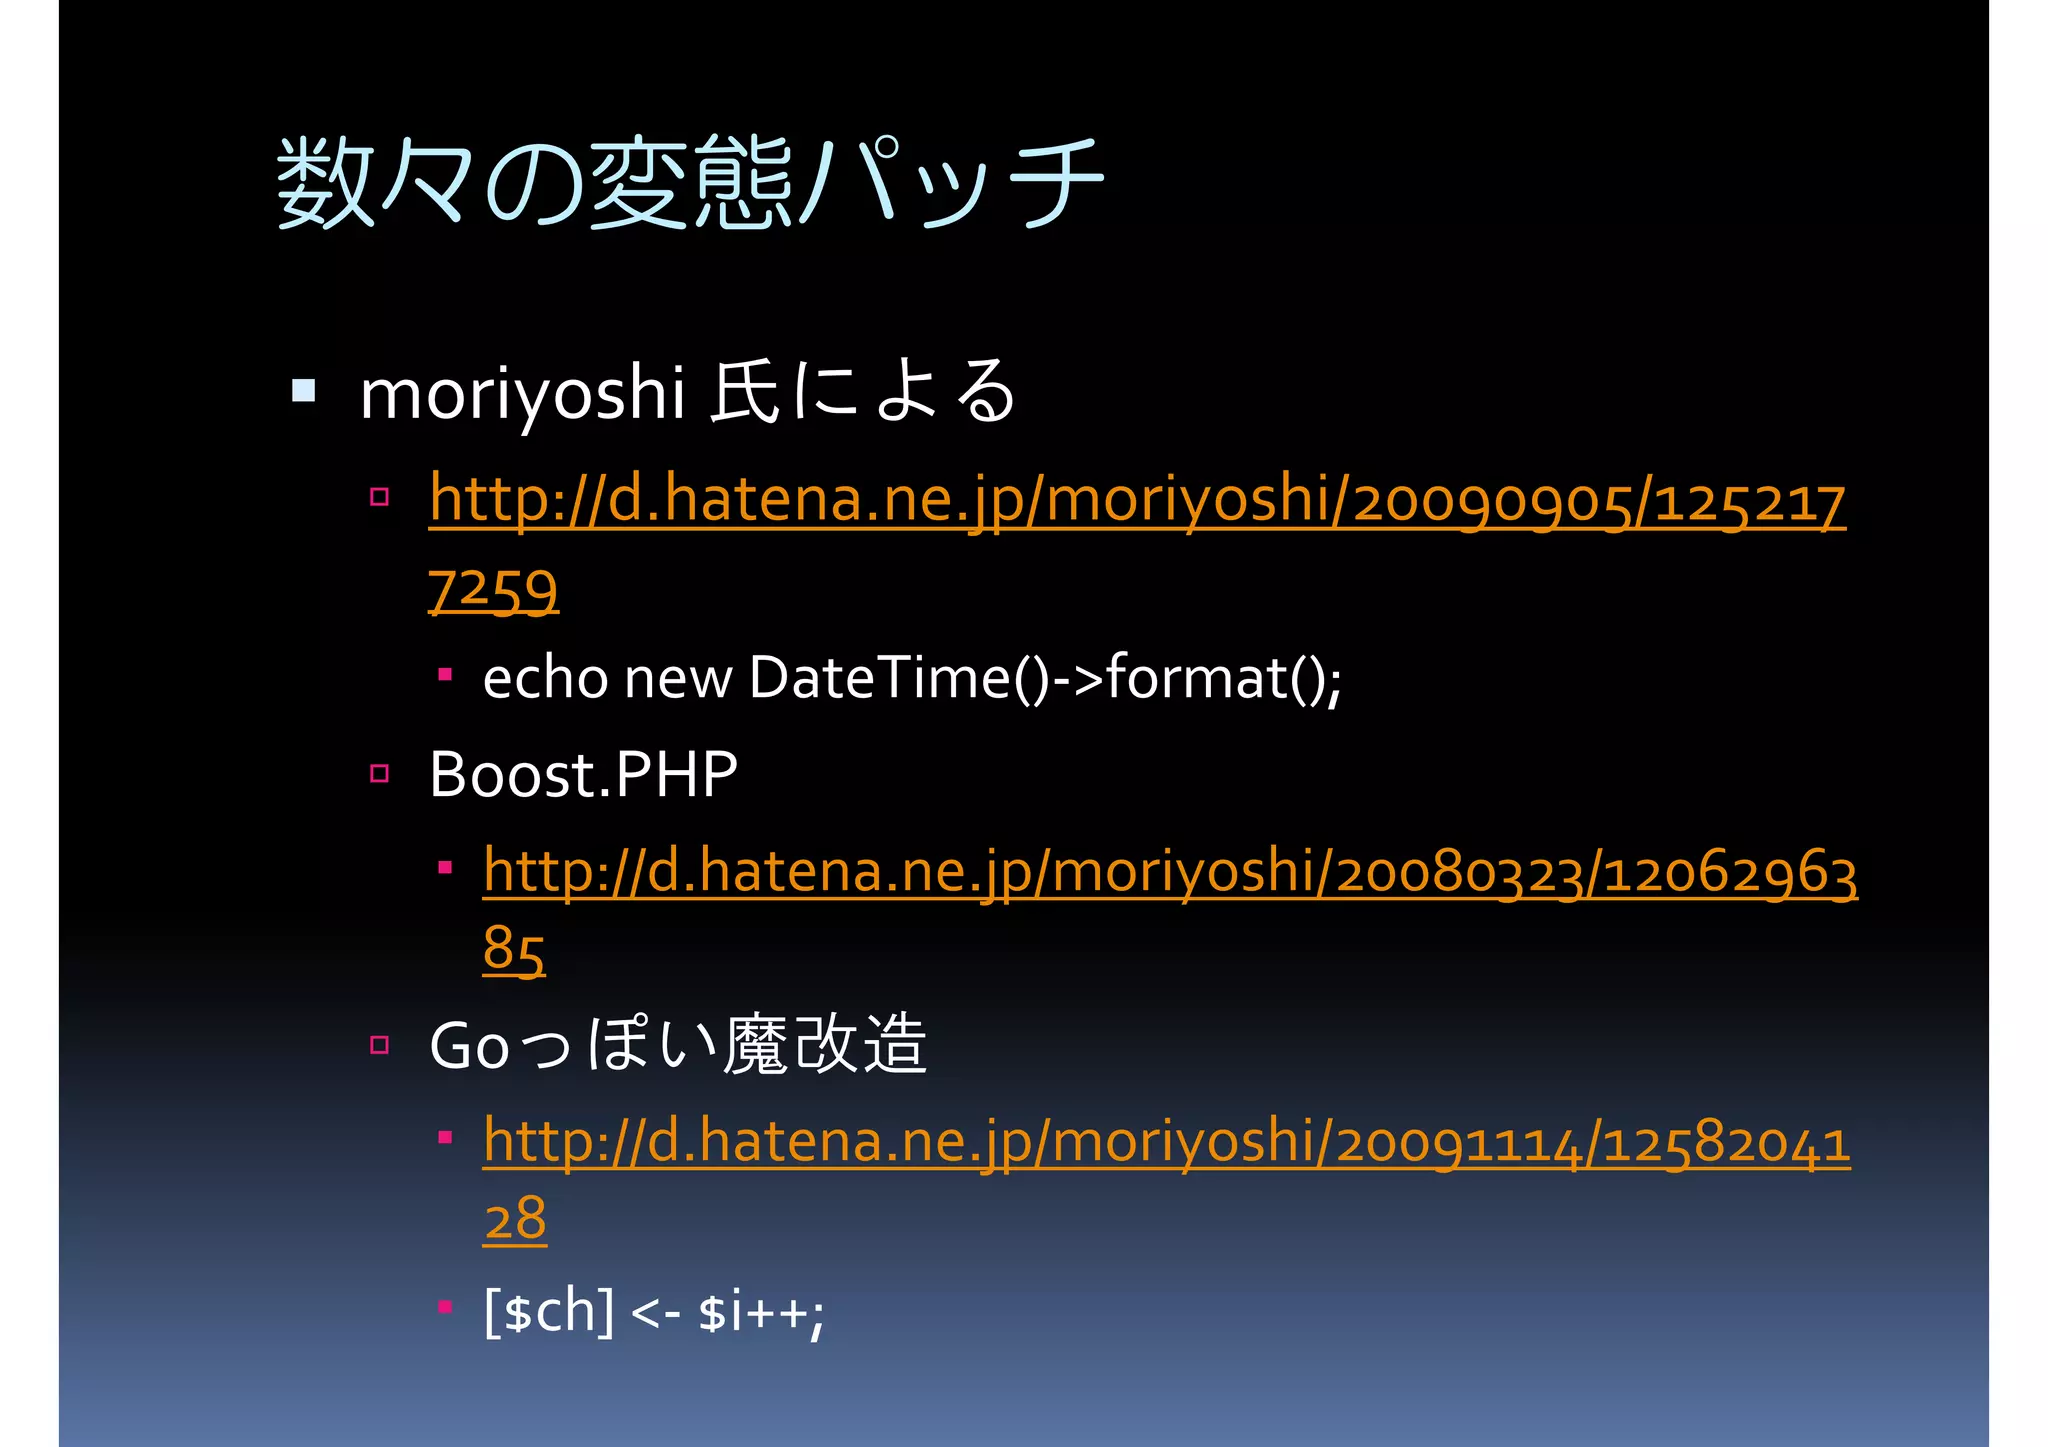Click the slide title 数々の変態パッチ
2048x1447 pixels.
690,182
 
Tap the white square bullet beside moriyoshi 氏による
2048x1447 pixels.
304,389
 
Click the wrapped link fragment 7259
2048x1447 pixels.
493,589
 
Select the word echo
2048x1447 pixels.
545,678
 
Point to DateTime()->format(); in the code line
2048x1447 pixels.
1044,678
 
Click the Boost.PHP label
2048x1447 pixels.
583,774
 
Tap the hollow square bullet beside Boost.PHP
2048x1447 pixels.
379,773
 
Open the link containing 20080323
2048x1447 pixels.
1170,872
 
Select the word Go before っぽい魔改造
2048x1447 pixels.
469,1046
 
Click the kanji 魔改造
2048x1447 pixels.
825,1044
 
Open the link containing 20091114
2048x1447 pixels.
1166,1142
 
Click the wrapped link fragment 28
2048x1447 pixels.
515,1219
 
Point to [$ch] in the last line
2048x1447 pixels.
549,1311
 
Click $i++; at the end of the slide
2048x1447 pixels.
761,1311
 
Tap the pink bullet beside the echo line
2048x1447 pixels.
445,675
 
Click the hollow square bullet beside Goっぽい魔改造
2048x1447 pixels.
379,1045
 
